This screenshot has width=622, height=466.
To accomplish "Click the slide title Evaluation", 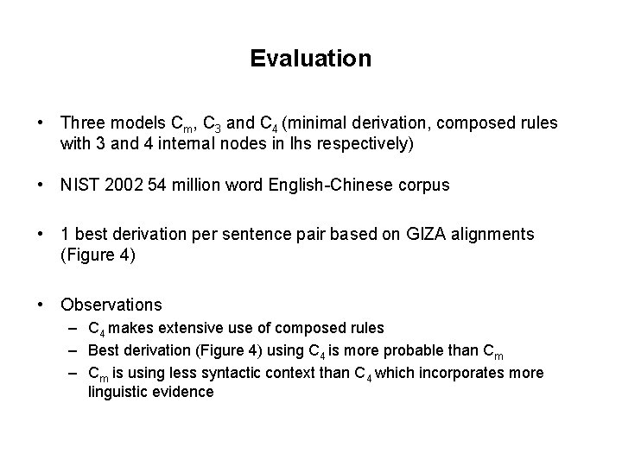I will [x=311, y=59].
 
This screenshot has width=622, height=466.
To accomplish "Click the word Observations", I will [x=111, y=305].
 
